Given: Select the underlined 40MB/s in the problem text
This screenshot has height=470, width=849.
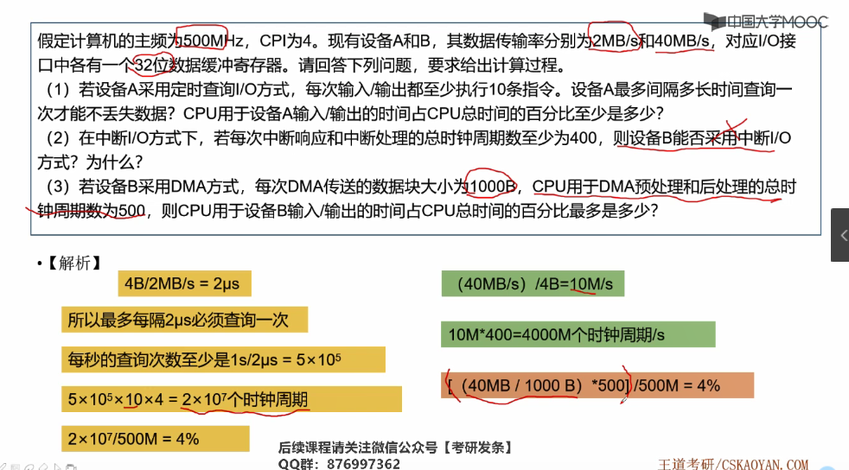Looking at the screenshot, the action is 684,41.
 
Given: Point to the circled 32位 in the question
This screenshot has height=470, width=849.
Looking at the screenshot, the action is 155,64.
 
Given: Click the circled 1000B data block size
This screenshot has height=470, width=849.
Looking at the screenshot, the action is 490,186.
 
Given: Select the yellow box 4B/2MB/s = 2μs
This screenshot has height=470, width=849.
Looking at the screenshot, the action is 182,284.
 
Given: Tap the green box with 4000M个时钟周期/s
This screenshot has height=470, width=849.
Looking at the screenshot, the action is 578,334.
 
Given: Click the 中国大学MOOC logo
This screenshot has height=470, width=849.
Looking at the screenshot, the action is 764,20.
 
